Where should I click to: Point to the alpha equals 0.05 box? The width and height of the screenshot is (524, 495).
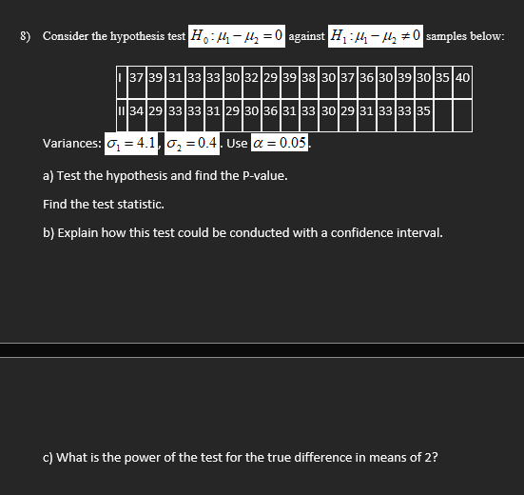coord(280,144)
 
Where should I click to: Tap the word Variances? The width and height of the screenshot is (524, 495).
coord(72,145)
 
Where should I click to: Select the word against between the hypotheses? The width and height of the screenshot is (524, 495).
coord(306,36)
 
